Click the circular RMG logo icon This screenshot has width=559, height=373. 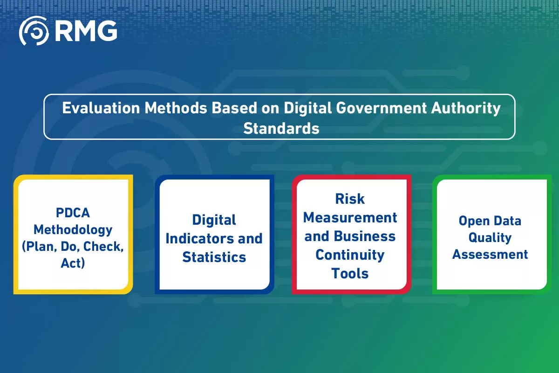pyautogui.click(x=34, y=31)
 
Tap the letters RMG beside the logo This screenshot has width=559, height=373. pyautogui.click(x=86, y=31)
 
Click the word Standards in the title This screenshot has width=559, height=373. pyautogui.click(x=281, y=128)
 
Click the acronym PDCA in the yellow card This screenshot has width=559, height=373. pyautogui.click(x=73, y=213)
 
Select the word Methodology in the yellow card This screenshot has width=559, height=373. pyautogui.click(x=73, y=229)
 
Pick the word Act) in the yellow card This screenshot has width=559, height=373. pyautogui.click(x=73, y=263)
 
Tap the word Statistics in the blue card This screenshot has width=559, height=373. pyautogui.click(x=214, y=257)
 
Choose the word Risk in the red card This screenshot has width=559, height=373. pyautogui.click(x=350, y=199)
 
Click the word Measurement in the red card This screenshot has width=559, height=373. pyautogui.click(x=350, y=217)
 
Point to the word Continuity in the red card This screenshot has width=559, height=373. pyautogui.click(x=350, y=255)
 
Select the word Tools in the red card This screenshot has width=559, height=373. pyautogui.click(x=350, y=273)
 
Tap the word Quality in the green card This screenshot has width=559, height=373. pyautogui.click(x=490, y=237)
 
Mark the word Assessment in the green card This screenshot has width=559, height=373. pyautogui.click(x=490, y=254)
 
